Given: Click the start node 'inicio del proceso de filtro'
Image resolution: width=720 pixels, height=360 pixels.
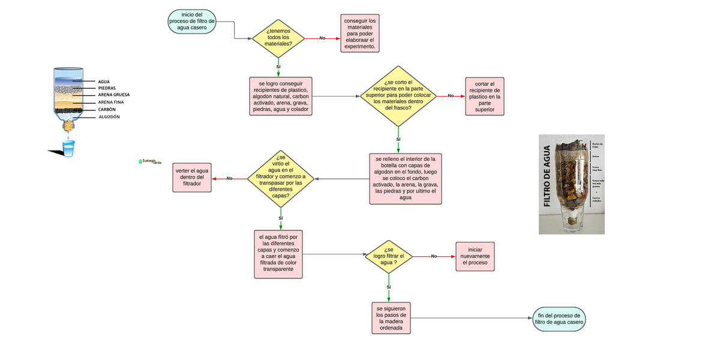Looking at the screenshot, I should pyautogui.click(x=191, y=22).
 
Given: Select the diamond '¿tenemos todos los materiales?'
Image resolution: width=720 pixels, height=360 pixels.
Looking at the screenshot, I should pyautogui.click(x=278, y=38).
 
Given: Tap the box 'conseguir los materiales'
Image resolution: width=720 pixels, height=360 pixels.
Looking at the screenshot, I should pyautogui.click(x=360, y=34).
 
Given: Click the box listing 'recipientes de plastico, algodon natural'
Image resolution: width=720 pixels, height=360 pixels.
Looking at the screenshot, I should pyautogui.click(x=281, y=96).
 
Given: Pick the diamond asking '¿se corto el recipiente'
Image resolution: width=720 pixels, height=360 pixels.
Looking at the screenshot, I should pyautogui.click(x=398, y=96).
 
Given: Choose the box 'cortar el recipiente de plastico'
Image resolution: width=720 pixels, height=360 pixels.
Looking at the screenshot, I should pyautogui.click(x=484, y=97).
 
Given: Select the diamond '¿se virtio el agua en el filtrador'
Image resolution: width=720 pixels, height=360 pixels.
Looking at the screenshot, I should pyautogui.click(x=281, y=178).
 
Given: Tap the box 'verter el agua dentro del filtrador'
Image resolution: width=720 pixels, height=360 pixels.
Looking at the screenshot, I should pyautogui.click(x=192, y=178).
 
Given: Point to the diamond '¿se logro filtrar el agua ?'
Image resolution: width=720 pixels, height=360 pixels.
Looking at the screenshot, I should pyautogui.click(x=389, y=256).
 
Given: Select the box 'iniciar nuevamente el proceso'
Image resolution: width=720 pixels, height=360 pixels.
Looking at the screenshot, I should pyautogui.click(x=475, y=256).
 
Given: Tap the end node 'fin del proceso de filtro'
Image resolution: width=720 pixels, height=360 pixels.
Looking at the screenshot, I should pyautogui.click(x=559, y=319).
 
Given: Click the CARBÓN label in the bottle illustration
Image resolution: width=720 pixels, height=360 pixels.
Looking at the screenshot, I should pyautogui.click(x=107, y=110).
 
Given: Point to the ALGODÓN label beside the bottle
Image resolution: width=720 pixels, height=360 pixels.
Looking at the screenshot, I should pyautogui.click(x=109, y=117).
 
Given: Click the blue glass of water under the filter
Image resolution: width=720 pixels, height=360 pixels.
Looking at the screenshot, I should pyautogui.click(x=69, y=148).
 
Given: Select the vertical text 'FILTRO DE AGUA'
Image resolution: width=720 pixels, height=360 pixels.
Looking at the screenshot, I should pyautogui.click(x=547, y=176).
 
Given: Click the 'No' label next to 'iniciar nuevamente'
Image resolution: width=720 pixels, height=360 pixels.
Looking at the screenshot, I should pyautogui.click(x=434, y=256).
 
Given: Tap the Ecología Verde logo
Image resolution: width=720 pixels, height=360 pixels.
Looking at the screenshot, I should pyautogui.click(x=147, y=161).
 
